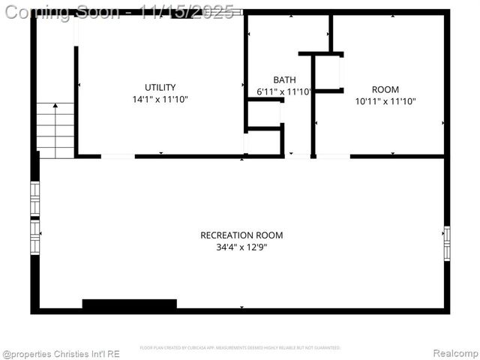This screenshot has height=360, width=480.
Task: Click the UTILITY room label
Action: (x=160, y=87)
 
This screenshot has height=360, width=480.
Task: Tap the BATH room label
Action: (x=284, y=79)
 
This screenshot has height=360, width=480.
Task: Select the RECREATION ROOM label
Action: (x=241, y=235)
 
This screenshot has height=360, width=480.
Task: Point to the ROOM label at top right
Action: (x=385, y=89)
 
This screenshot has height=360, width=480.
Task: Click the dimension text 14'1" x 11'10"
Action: (x=160, y=99)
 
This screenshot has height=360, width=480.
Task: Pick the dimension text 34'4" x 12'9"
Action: (x=241, y=247)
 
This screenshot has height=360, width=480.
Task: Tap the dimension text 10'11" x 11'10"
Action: (x=385, y=101)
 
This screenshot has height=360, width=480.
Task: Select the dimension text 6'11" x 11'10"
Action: (x=284, y=91)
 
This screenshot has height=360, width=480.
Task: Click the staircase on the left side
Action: (x=55, y=130)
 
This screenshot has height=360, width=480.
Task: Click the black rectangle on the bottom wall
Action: (x=129, y=304)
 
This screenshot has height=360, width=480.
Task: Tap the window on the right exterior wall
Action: (x=447, y=243)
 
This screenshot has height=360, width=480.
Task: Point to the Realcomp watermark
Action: (x=455, y=353)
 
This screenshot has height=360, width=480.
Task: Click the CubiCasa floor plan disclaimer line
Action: (x=240, y=348)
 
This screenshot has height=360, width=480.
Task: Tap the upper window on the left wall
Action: (x=34, y=198)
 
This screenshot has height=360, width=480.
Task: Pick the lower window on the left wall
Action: (x=34, y=238)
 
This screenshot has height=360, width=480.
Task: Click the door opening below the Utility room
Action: (x=118, y=156)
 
